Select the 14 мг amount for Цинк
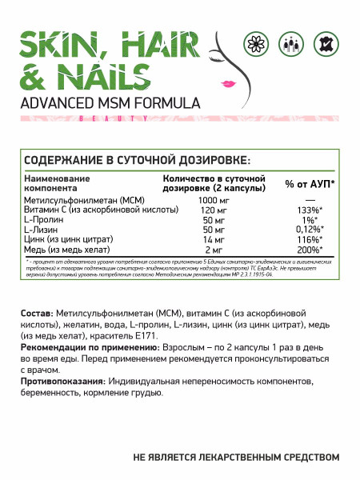click(202, 239)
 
